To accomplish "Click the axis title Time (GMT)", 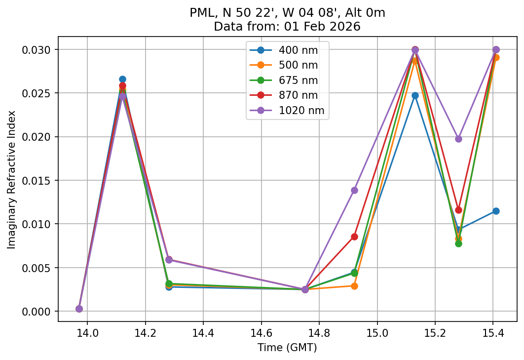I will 287,348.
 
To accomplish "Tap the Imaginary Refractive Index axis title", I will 11,179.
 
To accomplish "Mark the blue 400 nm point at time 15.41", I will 496,211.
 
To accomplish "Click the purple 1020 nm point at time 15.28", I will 458,139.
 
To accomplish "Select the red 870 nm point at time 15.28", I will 458,210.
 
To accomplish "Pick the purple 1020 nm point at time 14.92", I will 354,190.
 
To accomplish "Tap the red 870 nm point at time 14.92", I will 354,237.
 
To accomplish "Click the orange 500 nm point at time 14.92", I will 354,286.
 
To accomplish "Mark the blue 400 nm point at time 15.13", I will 415,95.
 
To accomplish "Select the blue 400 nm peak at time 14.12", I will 122,79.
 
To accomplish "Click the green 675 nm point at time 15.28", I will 458,243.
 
